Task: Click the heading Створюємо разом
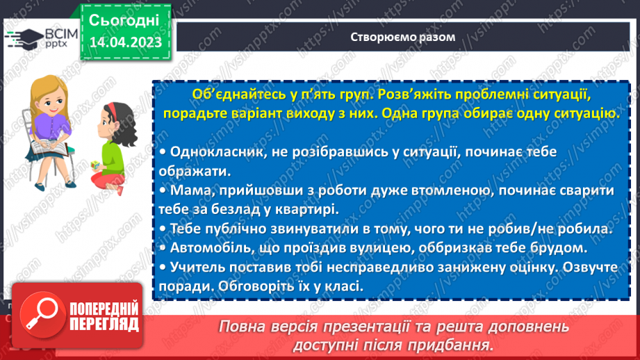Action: (x=403, y=37)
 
